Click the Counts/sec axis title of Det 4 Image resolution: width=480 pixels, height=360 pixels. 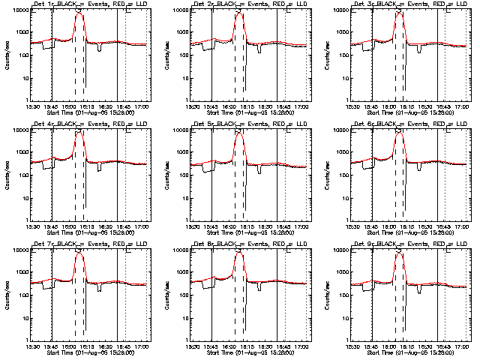pos(6,174)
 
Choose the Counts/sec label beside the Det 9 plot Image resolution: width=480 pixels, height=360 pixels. pos(325,294)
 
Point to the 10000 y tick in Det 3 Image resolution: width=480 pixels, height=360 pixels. pos(340,10)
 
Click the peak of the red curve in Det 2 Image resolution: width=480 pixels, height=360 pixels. pos(239,13)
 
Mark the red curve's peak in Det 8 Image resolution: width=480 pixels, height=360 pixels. pos(239,253)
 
